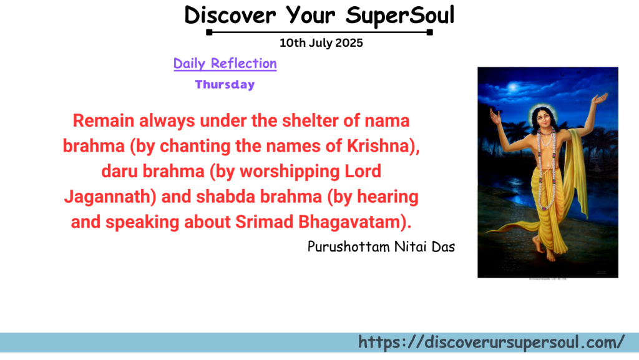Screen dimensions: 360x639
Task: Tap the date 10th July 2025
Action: pyautogui.click(x=321, y=43)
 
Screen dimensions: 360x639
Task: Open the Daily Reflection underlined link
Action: pyautogui.click(x=225, y=64)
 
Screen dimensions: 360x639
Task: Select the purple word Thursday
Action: pyautogui.click(x=225, y=85)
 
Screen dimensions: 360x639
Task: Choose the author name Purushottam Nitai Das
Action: pyautogui.click(x=381, y=246)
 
